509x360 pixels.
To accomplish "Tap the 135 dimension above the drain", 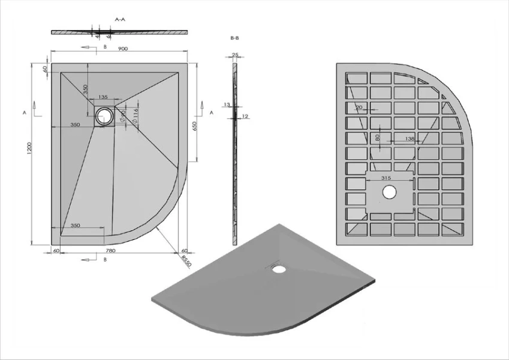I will (x=103, y=97).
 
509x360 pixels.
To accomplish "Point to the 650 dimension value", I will (x=195, y=127).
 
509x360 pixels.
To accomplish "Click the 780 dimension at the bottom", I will (x=110, y=250).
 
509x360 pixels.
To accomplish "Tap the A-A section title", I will (x=119, y=19).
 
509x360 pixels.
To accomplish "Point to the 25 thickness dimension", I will (x=235, y=55).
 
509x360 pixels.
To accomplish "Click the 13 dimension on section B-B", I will (x=225, y=104).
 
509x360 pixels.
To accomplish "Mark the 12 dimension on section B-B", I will (x=245, y=115).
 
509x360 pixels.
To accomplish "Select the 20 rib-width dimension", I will (x=359, y=108).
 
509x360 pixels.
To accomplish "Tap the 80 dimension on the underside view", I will (x=377, y=137).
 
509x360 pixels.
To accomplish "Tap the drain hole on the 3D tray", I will (x=279, y=268).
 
